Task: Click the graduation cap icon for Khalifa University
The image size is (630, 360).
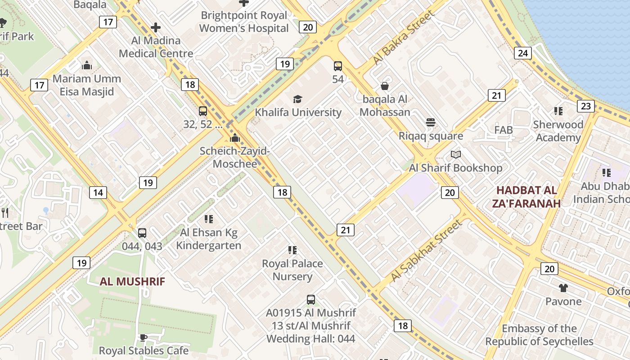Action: pyautogui.click(x=297, y=99)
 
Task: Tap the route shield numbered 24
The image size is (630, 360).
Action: pyautogui.click(x=522, y=53)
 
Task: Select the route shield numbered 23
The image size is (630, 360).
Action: pyautogui.click(x=586, y=106)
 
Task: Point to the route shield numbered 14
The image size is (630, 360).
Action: pyautogui.click(x=98, y=193)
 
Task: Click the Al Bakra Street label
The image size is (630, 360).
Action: pyautogui.click(x=404, y=38)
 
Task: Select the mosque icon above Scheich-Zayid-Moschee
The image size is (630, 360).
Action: pyautogui.click(x=234, y=138)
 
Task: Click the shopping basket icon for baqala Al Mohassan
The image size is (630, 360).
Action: pyautogui.click(x=385, y=86)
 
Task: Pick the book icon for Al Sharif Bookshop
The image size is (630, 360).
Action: pyautogui.click(x=456, y=155)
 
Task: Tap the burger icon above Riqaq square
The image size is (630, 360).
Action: pyautogui.click(x=431, y=122)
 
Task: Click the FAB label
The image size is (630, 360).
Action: pyautogui.click(x=503, y=130)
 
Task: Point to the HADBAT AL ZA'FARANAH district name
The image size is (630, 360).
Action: pyautogui.click(x=526, y=197)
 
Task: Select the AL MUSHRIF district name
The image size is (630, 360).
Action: pyautogui.click(x=132, y=282)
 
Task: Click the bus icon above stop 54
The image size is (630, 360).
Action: pyautogui.click(x=337, y=66)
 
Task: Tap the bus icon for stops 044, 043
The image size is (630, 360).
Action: pyautogui.click(x=142, y=233)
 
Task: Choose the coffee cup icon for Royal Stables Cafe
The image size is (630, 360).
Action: pyautogui.click(x=143, y=337)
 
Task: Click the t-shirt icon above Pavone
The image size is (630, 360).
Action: pyautogui.click(x=563, y=288)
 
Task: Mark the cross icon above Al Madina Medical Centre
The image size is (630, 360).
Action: pyautogui.click(x=156, y=27)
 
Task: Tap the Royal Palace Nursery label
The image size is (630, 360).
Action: pyautogui.click(x=292, y=270)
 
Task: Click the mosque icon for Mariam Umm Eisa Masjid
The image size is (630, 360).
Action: pyautogui.click(x=87, y=66)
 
